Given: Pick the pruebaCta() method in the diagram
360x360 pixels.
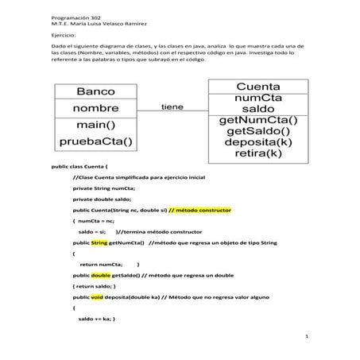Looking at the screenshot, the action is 95,142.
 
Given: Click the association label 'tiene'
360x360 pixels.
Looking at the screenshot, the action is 172,106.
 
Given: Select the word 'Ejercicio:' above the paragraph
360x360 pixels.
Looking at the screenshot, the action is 63,37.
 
